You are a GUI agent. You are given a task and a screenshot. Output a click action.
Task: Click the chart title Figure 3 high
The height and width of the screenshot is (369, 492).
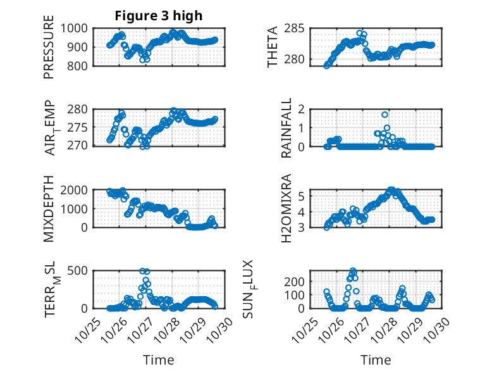tap(159, 16)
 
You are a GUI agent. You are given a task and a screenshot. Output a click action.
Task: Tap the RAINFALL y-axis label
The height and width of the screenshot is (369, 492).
tap(286, 128)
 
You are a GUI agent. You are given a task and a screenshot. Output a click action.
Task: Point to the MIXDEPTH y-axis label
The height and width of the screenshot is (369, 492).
tap(49, 209)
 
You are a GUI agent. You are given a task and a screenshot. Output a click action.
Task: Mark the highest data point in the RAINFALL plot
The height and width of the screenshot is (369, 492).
tap(384, 115)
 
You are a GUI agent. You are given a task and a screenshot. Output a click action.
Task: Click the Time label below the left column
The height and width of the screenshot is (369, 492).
tap(158, 360)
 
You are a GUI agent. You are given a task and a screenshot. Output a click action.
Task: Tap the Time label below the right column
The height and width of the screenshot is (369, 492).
tap(376, 360)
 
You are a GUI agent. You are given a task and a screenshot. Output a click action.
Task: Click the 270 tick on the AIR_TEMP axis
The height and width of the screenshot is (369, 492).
tap(81, 146)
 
